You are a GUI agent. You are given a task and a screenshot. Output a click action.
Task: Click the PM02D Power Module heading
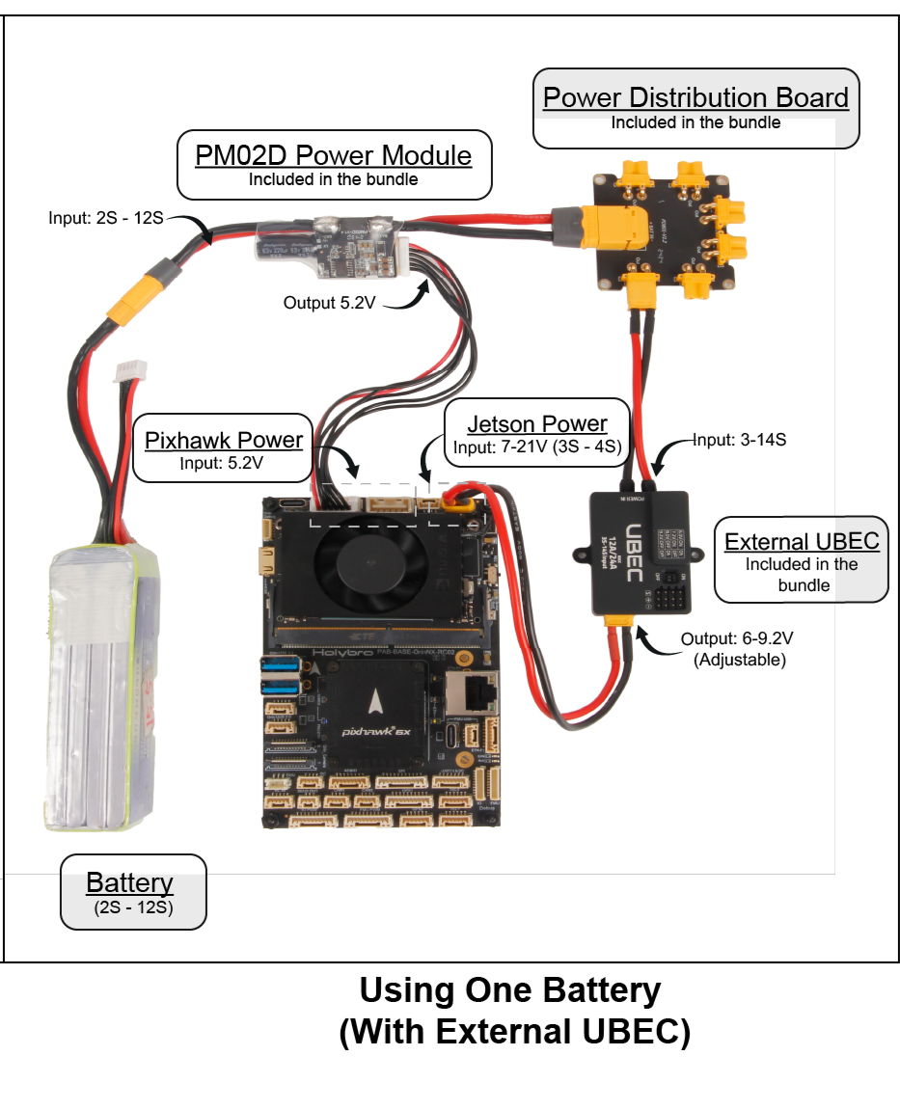(334, 155)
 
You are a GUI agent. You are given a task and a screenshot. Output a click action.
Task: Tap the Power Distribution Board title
(695, 97)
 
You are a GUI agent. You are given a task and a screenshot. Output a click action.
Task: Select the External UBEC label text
(802, 541)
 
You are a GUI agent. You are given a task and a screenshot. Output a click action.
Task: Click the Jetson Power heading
(537, 424)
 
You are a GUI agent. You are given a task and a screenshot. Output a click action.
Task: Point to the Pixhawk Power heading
(224, 441)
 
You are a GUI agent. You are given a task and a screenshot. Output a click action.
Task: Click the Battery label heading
(129, 882)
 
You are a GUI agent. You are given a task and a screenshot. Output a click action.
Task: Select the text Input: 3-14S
(741, 441)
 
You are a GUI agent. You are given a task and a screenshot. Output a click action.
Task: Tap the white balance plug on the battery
(128, 373)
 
